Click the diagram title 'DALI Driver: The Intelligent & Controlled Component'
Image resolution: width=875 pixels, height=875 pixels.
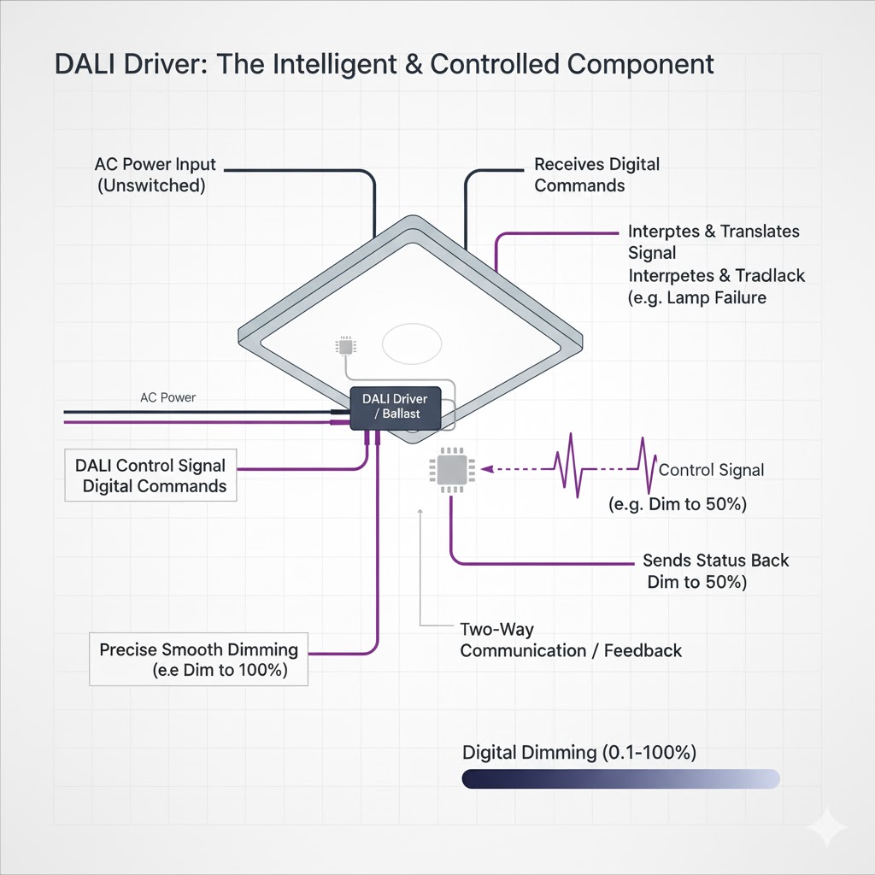[x=385, y=65]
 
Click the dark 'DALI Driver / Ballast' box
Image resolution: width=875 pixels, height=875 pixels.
[x=395, y=407]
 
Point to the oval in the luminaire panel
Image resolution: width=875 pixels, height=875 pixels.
[x=412, y=345]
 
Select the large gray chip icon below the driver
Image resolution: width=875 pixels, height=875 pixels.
[x=451, y=469]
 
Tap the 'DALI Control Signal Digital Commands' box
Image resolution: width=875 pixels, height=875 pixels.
[x=151, y=476]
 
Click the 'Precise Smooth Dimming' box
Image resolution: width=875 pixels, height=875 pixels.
[x=198, y=660]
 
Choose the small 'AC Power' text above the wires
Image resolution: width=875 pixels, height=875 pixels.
[x=167, y=397]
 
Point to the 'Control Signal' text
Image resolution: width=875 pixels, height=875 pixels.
[x=711, y=470]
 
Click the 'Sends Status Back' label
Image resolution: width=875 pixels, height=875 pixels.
[x=715, y=561]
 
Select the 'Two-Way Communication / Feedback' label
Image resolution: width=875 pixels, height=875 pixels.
[x=570, y=640]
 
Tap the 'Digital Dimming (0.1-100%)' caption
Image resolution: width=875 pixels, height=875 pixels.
[x=579, y=753]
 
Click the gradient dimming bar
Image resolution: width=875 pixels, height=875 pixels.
[x=620, y=778]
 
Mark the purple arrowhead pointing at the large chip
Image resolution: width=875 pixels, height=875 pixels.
[x=487, y=468]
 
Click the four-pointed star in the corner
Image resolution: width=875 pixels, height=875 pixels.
[x=826, y=827]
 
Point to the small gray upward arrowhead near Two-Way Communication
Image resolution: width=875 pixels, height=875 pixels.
[x=420, y=512]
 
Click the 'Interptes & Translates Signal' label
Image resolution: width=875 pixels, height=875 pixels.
[x=713, y=242]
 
